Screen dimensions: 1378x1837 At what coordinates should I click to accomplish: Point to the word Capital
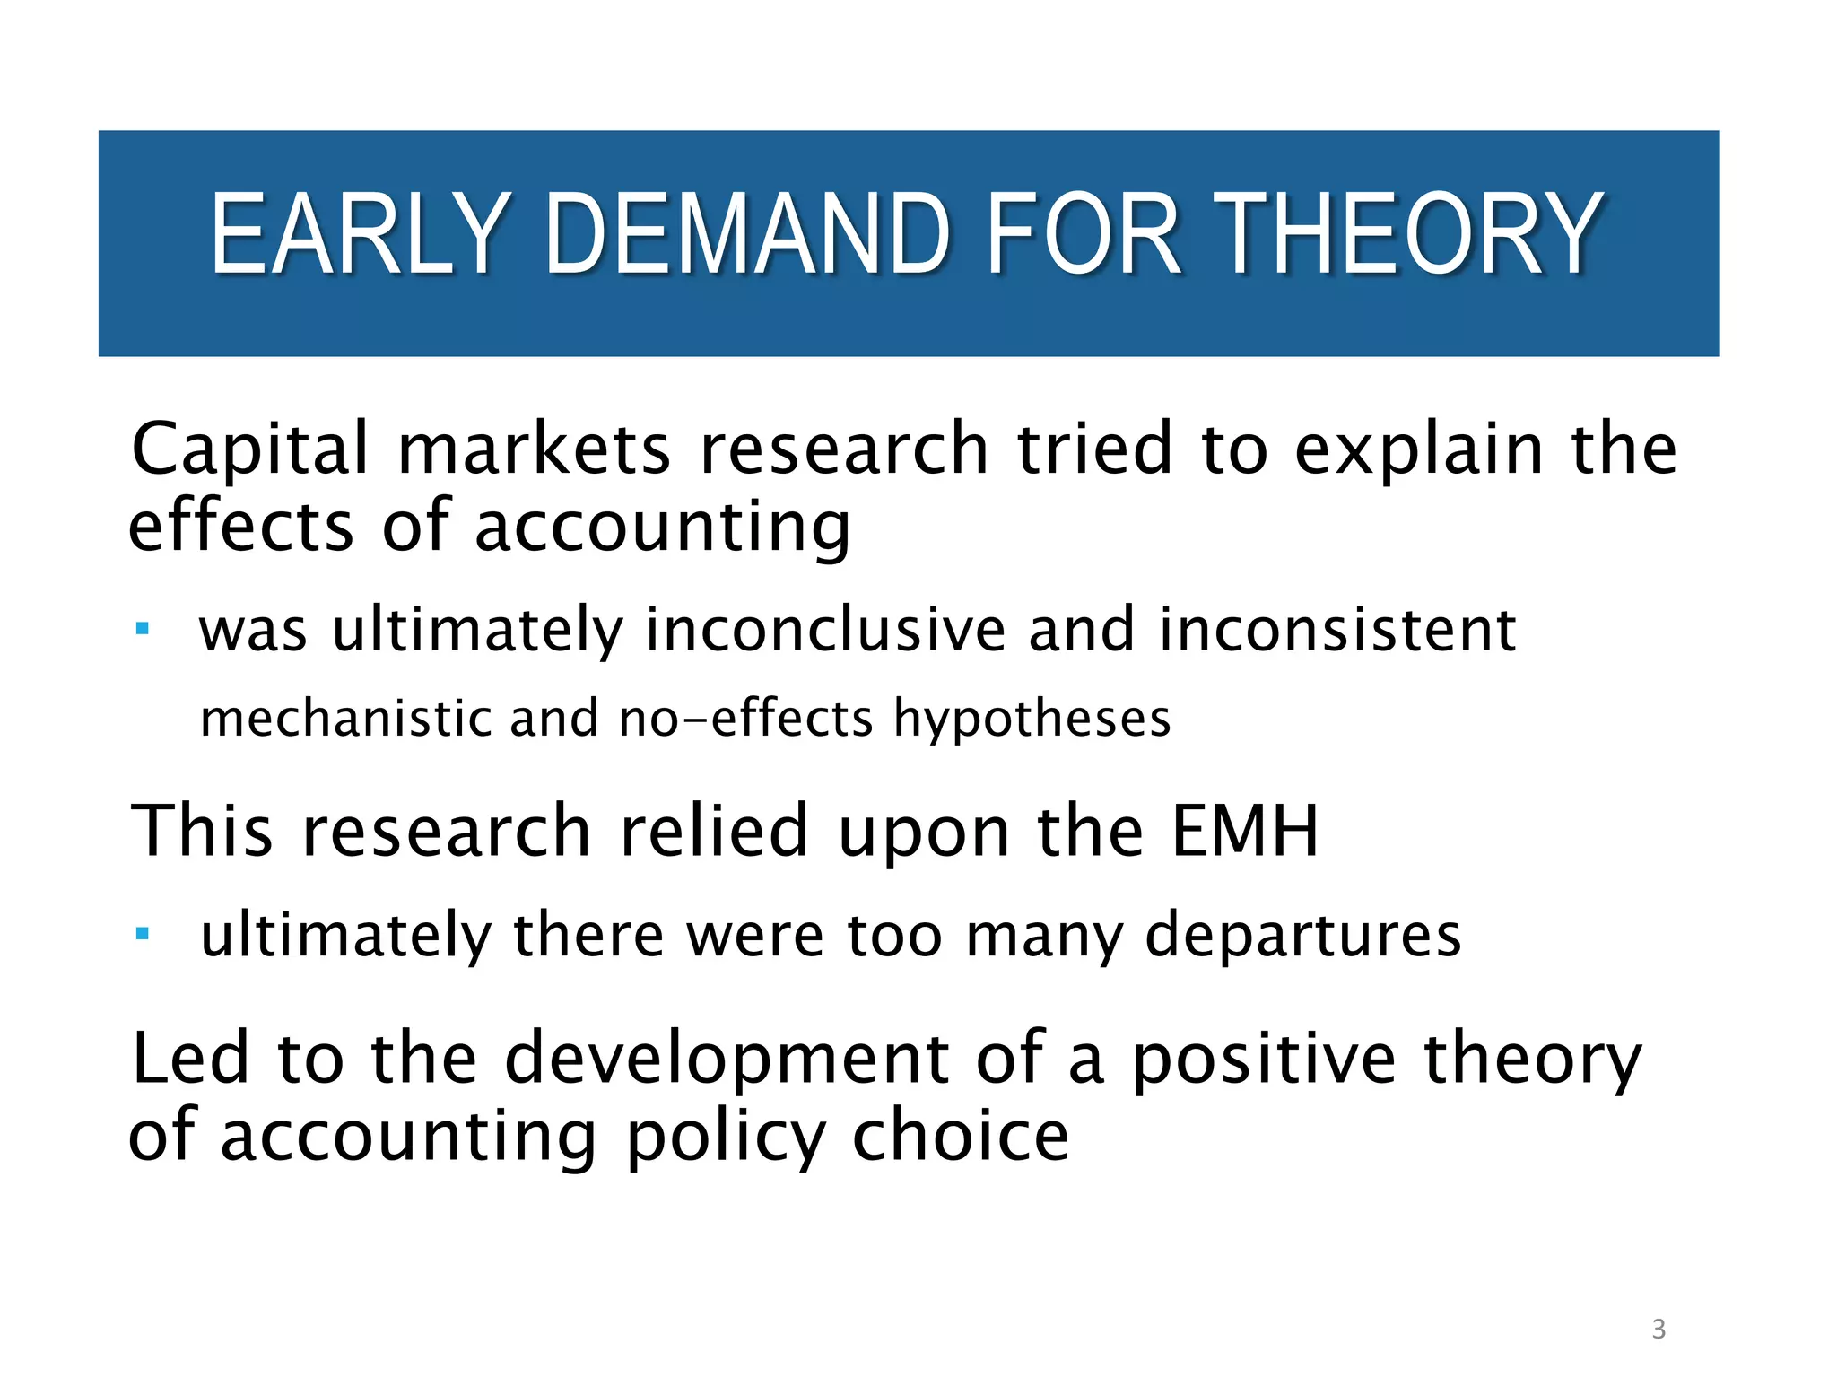pyautogui.click(x=249, y=449)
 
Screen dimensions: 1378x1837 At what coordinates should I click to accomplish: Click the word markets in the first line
pyautogui.click(x=534, y=449)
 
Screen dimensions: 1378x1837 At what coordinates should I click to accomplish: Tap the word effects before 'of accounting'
pyautogui.click(x=240, y=527)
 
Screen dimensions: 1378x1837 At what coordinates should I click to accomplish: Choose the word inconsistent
pyautogui.click(x=1337, y=630)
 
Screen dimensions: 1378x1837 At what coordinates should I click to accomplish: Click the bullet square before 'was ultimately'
pyautogui.click(x=142, y=628)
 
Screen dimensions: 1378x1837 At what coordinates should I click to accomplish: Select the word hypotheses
pyautogui.click(x=1032, y=720)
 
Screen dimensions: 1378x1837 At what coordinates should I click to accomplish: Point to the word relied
pyautogui.click(x=714, y=831)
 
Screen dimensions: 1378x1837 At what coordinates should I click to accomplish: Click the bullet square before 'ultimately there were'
pyautogui.click(x=142, y=934)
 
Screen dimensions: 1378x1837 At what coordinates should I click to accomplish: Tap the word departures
pyautogui.click(x=1303, y=936)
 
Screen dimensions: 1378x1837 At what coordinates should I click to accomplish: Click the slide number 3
pyautogui.click(x=1659, y=1329)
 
